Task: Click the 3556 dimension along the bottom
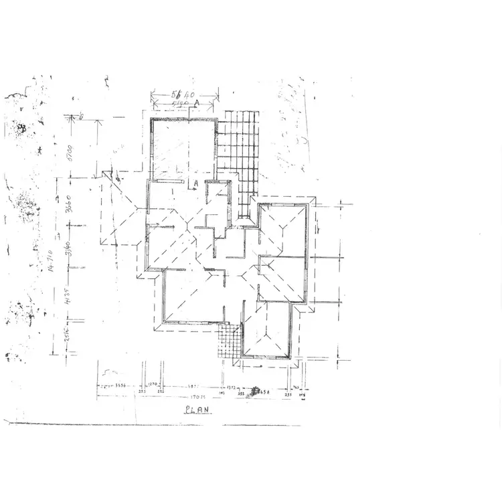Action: [x=121, y=386]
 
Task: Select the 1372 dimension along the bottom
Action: [x=232, y=386]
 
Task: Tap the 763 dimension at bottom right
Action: [x=295, y=387]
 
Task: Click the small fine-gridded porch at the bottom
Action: [x=229, y=342]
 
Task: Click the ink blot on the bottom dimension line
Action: [x=255, y=390]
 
